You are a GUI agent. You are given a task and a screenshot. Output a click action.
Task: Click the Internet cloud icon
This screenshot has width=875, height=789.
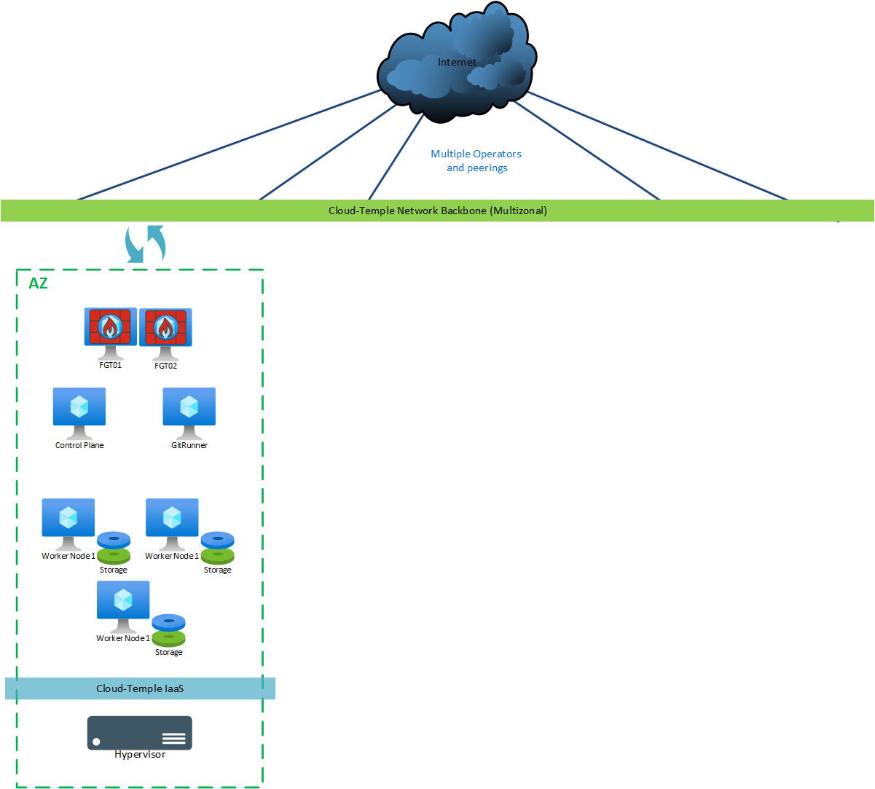point(457,62)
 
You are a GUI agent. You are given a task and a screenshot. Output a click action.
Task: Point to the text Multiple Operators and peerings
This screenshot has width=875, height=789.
point(476,161)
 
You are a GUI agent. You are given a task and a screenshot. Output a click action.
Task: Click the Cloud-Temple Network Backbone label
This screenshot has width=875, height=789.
point(437,211)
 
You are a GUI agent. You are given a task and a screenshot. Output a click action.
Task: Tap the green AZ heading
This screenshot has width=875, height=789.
point(38,283)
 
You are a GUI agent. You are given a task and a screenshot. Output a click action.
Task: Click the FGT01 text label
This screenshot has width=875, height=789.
point(111,365)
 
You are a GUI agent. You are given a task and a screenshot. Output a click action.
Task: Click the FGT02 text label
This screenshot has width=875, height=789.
point(166,366)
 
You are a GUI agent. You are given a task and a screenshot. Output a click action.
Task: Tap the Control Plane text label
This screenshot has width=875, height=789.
point(79,445)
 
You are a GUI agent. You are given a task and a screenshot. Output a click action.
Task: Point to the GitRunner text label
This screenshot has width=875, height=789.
point(189,445)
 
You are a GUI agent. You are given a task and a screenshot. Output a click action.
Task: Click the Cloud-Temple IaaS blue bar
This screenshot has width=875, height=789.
point(140,688)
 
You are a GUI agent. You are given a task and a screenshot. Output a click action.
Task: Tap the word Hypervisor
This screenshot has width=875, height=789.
point(140,755)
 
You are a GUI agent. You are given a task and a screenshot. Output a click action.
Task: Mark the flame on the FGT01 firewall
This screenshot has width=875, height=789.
point(110,328)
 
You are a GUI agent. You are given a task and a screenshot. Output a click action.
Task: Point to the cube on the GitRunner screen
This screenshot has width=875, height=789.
point(189,406)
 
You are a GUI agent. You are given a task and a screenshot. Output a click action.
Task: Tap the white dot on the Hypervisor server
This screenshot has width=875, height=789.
point(96,742)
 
